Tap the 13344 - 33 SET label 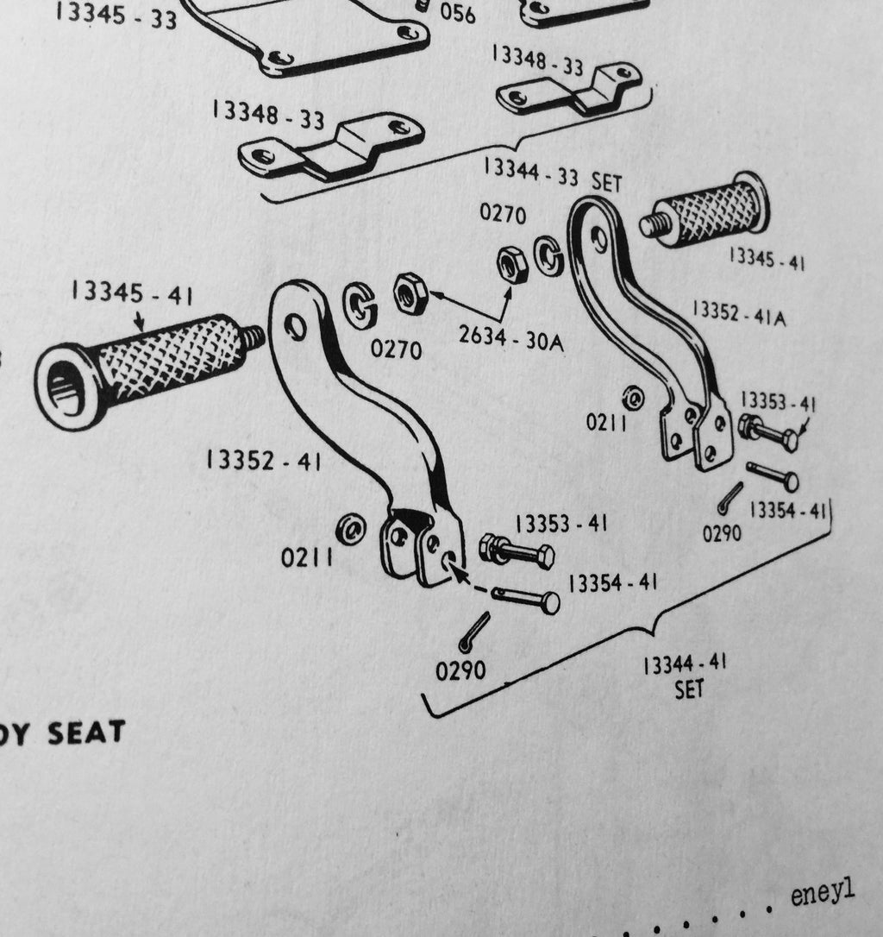[552, 175]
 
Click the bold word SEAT [85, 733]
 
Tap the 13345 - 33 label [116, 16]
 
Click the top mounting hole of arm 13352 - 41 [296, 326]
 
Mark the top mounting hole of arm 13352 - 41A [598, 239]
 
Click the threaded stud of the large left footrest [253, 338]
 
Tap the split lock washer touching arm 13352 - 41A [546, 255]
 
